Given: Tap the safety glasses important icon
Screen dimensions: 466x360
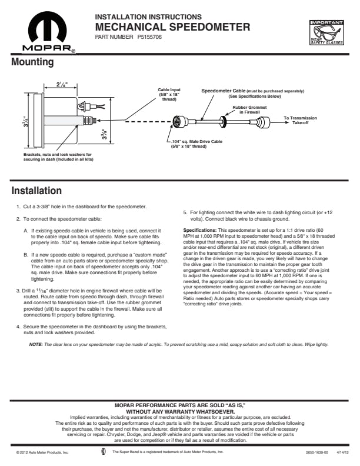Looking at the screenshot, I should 326,33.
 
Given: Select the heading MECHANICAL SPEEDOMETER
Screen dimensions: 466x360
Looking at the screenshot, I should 172,26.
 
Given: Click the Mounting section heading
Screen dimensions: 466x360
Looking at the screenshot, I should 32,62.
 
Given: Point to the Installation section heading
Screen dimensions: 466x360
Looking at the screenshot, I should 36,191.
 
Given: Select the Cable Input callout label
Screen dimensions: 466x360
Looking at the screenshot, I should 169,95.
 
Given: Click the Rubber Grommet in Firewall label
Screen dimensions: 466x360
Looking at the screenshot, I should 245,110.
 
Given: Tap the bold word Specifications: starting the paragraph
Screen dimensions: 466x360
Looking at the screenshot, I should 200,230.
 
